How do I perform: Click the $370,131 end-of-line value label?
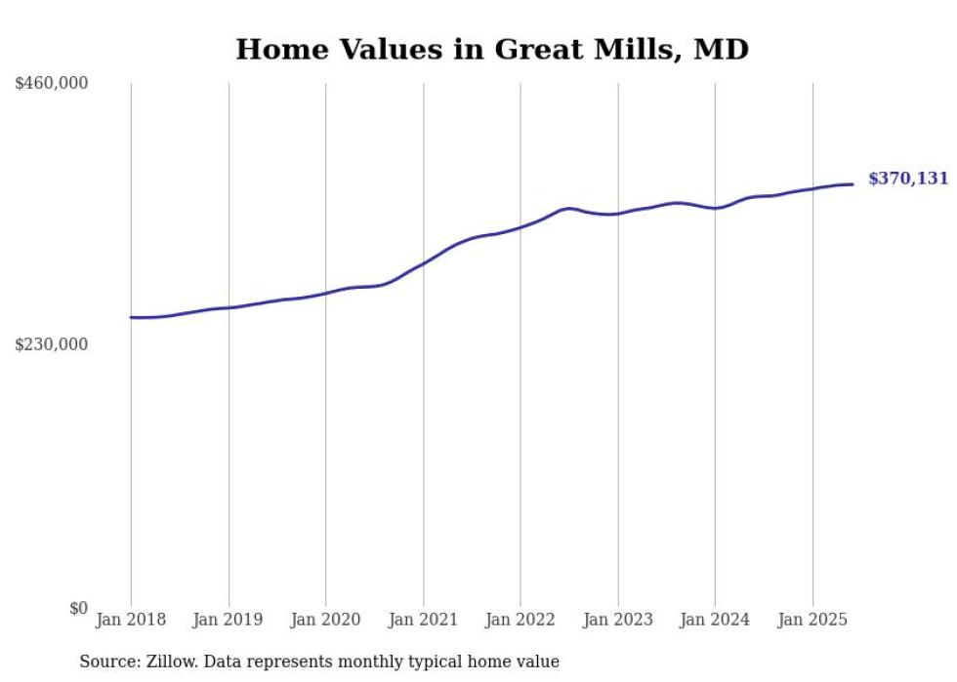(907, 179)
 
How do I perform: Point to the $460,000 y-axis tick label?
(52, 84)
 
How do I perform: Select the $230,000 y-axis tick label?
(52, 344)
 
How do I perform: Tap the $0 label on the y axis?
(78, 608)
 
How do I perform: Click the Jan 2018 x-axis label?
(131, 620)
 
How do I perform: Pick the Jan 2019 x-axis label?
(229, 620)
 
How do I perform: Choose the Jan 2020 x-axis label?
(325, 620)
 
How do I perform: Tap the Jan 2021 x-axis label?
(423, 620)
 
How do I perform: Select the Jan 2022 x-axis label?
(520, 620)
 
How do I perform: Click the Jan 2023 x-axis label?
(617, 620)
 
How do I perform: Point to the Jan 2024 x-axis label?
(715, 620)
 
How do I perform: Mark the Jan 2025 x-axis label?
(811, 620)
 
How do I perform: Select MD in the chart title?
(721, 49)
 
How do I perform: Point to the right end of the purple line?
(853, 184)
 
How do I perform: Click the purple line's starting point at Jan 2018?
(131, 317)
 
